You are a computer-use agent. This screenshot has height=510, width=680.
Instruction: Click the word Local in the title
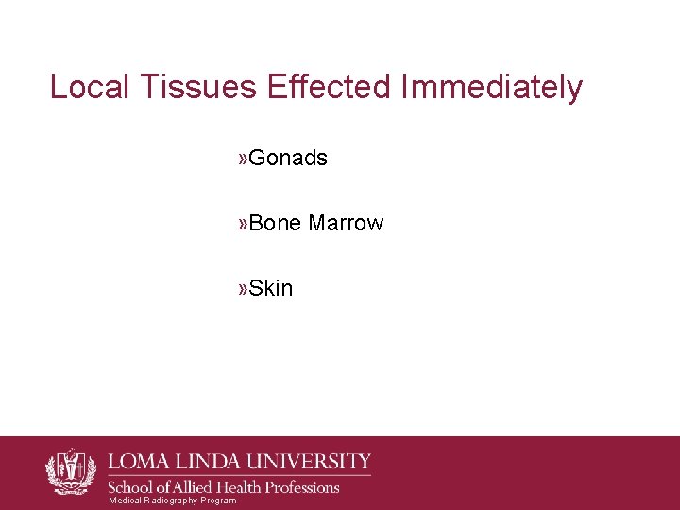click(90, 87)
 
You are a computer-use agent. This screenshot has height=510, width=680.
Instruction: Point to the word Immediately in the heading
click(492, 87)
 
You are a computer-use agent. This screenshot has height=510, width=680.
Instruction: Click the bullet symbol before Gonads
click(244, 158)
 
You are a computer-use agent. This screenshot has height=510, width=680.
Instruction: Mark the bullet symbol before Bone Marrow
click(244, 223)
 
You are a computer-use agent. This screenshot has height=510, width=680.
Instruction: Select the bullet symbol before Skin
click(244, 288)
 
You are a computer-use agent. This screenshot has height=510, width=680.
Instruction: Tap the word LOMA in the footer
click(141, 463)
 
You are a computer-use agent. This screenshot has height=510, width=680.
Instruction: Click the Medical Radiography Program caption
click(172, 501)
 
